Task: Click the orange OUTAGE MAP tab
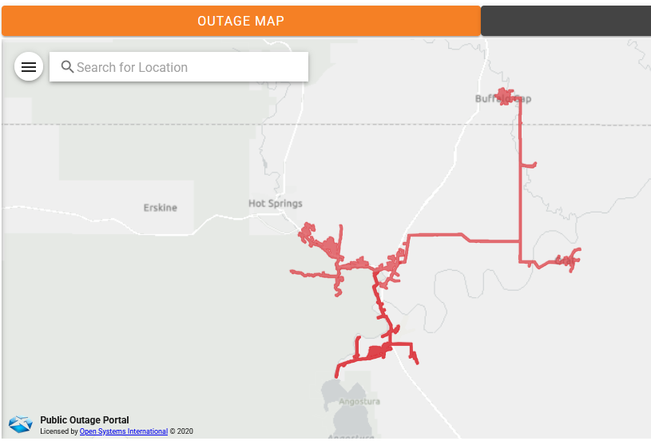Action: [x=240, y=21]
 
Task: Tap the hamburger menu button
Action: [x=29, y=67]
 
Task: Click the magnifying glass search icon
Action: [x=67, y=67]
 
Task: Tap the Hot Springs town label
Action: [x=276, y=204]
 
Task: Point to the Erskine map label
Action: [x=161, y=208]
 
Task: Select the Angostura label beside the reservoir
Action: [x=359, y=401]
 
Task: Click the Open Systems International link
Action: [x=124, y=431]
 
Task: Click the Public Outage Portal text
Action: [x=84, y=420]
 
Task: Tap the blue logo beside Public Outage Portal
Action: [x=21, y=424]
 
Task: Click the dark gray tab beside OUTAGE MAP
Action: [x=566, y=21]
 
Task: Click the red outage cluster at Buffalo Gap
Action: [x=505, y=97]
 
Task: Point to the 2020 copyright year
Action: [x=185, y=431]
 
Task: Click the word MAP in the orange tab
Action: [x=269, y=21]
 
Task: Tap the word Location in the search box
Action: [x=162, y=67]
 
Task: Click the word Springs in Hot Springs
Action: [x=286, y=204]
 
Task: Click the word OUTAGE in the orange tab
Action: [x=224, y=21]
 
